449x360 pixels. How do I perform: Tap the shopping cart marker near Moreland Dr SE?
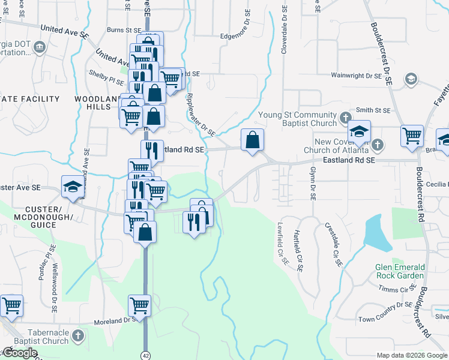[139, 305]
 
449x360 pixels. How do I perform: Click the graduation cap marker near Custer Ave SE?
[73, 186]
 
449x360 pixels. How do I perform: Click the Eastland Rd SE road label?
[348, 161]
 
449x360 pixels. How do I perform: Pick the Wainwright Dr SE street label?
[357, 76]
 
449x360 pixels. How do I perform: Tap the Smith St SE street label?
[373, 110]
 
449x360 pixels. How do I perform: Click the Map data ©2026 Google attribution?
[412, 355]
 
